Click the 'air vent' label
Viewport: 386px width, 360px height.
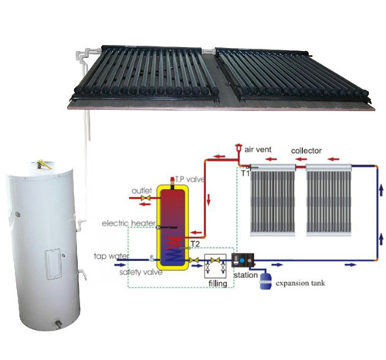coord(258,149)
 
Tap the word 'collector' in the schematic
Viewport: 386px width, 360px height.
coord(306,151)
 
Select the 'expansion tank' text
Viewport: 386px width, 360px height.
coord(300,284)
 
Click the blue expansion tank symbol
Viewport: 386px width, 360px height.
coord(266,281)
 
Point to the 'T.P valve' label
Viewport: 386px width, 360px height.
coord(190,179)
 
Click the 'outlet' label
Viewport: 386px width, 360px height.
coord(142,191)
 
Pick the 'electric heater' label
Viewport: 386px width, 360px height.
coord(129,223)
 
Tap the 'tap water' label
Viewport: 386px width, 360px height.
coord(111,256)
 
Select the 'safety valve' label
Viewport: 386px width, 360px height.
coord(141,272)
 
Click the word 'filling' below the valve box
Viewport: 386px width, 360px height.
coord(218,284)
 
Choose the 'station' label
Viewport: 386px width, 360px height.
coord(245,275)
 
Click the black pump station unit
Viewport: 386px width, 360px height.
coord(243,260)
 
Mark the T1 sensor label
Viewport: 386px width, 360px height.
coord(245,173)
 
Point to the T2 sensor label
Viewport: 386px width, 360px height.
coord(195,243)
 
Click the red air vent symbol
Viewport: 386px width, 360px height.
coord(239,149)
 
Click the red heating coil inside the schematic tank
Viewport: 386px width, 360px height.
coord(172,249)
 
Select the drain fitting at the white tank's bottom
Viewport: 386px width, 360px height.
coord(59,324)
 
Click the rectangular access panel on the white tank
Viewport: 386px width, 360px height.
coord(53,263)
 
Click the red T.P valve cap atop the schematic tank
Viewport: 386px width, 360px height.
coord(172,179)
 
